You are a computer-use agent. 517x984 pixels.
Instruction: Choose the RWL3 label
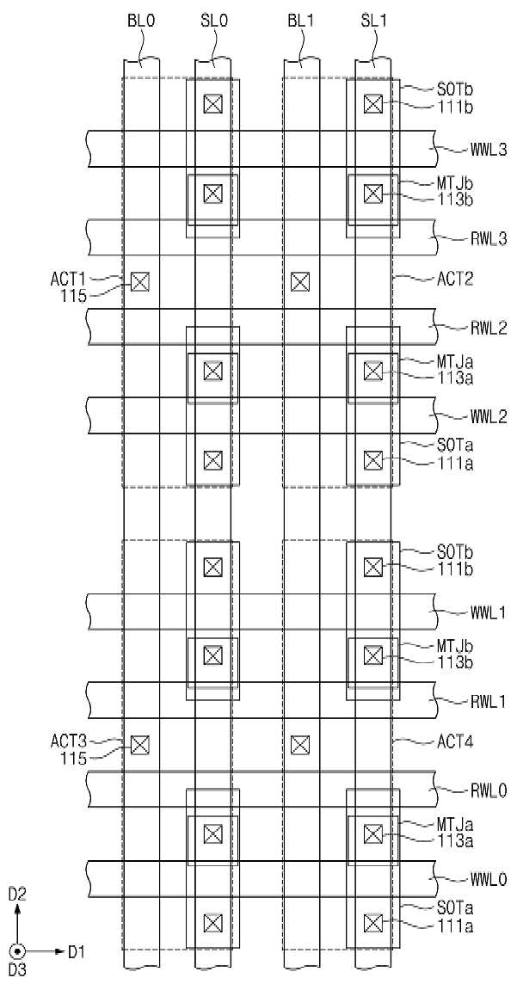click(x=488, y=239)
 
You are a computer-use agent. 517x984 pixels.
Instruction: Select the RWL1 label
click(x=488, y=702)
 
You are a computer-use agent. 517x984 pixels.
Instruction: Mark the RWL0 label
click(x=488, y=790)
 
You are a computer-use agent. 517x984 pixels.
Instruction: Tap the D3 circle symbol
click(x=16, y=951)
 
